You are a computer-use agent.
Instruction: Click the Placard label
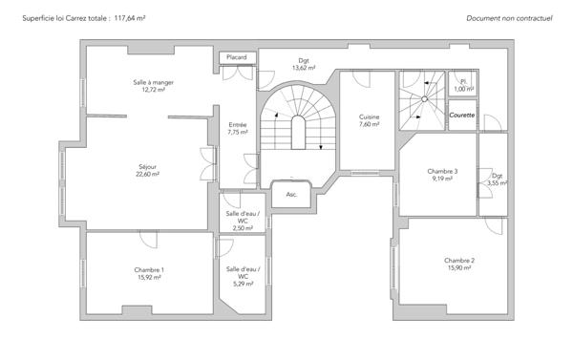pyautogui.click(x=236, y=58)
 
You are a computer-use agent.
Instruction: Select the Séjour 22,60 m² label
pyautogui.click(x=147, y=171)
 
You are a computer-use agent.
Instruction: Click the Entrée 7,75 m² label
pyautogui.click(x=238, y=129)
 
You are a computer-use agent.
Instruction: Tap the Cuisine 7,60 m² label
pyautogui.click(x=369, y=120)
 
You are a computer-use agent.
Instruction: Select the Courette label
pyautogui.click(x=462, y=115)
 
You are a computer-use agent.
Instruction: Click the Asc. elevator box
pyautogui.click(x=291, y=194)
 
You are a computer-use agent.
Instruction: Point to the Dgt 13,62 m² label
pyautogui.click(x=304, y=65)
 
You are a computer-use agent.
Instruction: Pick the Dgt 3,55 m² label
pyautogui.click(x=497, y=179)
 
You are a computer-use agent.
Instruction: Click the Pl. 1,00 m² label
pyautogui.click(x=463, y=85)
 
